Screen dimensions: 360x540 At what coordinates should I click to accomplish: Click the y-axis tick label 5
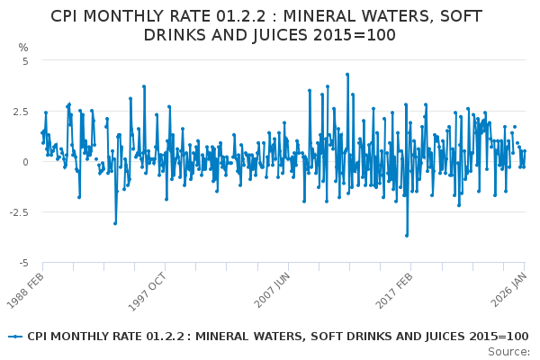25,61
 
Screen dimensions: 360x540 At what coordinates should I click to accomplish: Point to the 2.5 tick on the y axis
20,112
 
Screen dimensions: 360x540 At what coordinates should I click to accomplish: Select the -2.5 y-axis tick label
18,212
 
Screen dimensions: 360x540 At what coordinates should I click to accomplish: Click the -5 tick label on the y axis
23,263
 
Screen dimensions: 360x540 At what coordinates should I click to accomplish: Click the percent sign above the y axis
23,48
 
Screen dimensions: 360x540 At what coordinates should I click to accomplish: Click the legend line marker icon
14,337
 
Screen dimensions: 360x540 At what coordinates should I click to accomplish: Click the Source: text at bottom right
508,351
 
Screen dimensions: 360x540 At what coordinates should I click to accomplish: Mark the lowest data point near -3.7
406,235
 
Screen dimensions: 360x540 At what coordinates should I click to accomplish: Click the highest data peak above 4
347,75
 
